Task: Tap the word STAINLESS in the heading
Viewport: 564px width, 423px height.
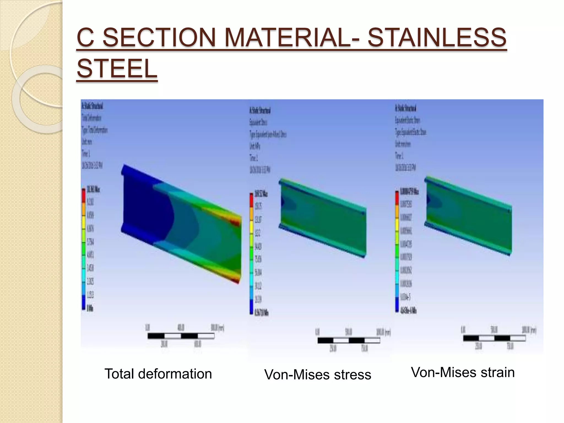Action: coord(437,38)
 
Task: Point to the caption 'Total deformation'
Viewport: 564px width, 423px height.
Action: coord(158,374)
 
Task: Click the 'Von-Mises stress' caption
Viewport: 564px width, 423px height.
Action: coord(318,375)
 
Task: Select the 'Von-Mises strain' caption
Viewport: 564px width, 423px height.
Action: coord(463,372)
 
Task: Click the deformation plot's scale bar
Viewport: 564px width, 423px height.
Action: coord(181,336)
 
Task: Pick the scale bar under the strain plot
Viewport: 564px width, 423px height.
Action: coord(494,338)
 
